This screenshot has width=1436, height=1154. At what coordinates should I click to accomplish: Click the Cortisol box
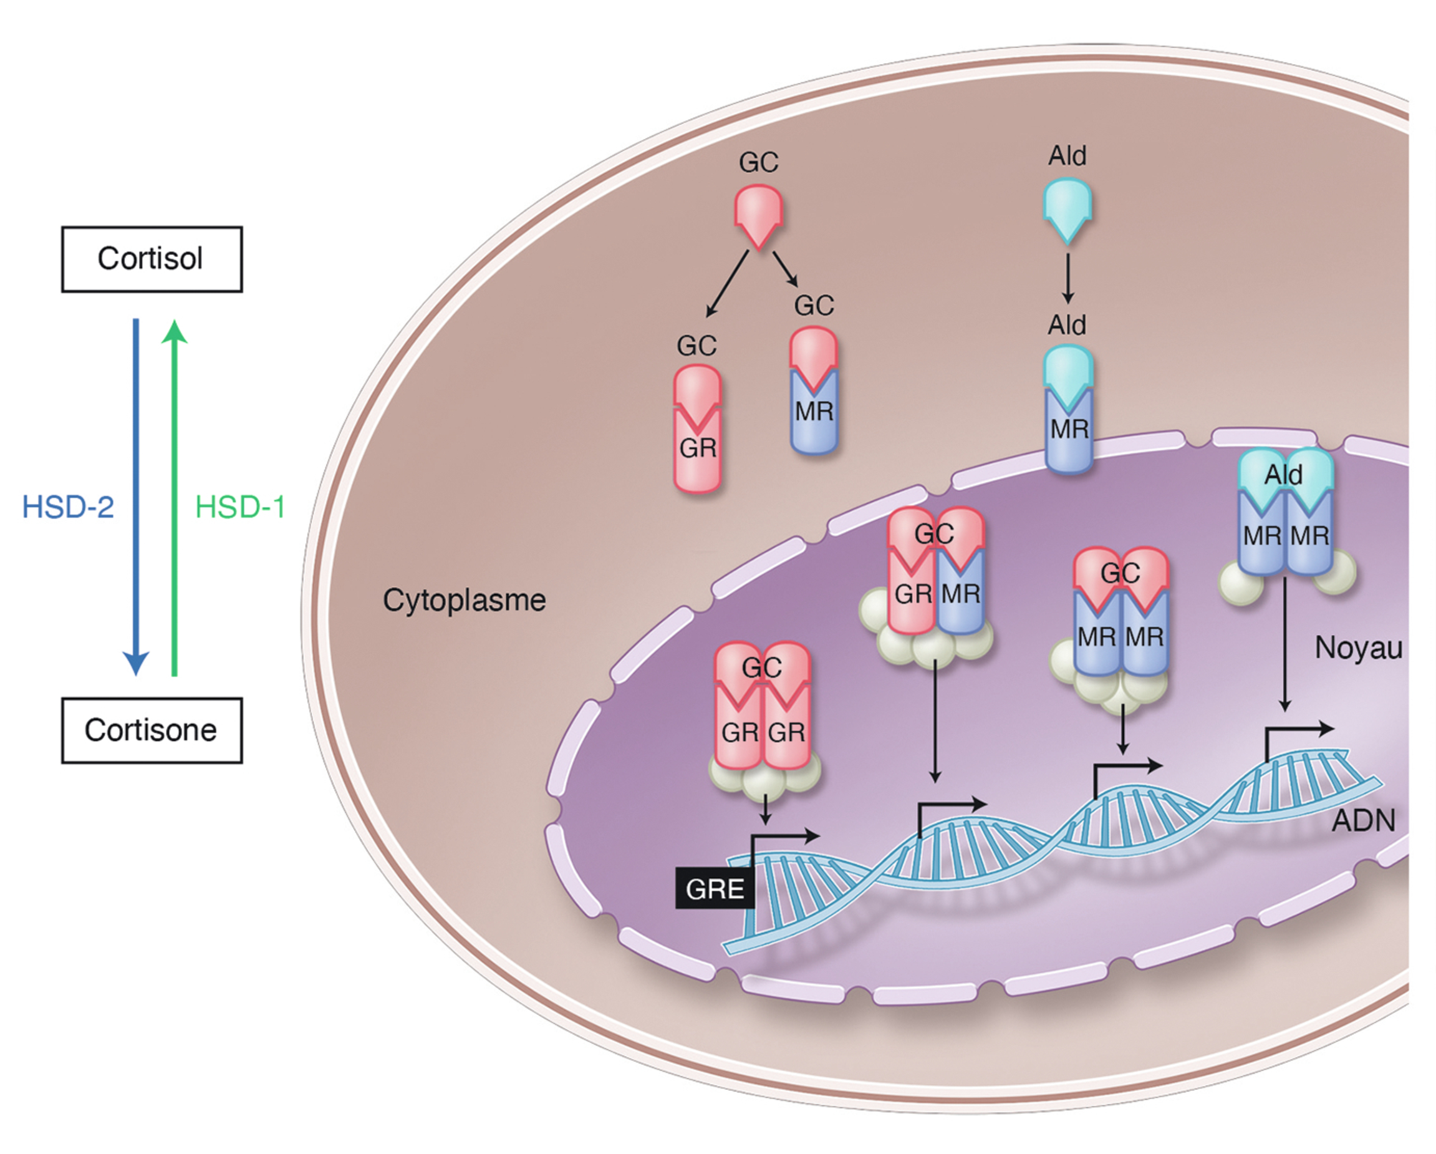pos(152,259)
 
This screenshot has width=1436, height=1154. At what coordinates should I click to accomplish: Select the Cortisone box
pos(152,730)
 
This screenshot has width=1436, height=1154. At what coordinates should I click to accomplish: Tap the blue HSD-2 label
pos(68,507)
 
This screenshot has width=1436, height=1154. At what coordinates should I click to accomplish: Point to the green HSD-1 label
pos(240,507)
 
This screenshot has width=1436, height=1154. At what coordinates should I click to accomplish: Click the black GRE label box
pos(715,889)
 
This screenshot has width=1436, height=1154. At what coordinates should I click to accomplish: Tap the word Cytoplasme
pos(465,599)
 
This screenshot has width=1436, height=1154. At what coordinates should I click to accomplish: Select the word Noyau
pos(1358,647)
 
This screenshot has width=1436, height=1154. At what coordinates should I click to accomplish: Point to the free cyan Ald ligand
pos(1067,210)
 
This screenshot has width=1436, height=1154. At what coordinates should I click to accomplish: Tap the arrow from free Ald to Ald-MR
pos(1067,278)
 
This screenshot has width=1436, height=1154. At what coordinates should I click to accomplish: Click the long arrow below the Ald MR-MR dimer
pos(1285,643)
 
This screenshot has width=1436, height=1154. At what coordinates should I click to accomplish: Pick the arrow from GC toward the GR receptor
pos(727,283)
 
